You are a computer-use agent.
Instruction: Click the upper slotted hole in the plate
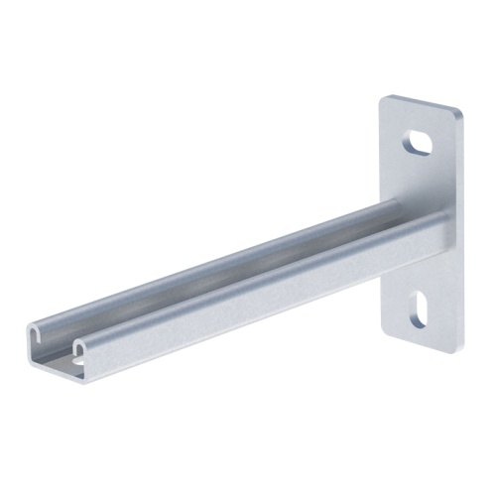(421, 142)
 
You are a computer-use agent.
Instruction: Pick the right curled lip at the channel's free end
(80, 349)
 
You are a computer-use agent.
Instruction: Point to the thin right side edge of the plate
(464, 228)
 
